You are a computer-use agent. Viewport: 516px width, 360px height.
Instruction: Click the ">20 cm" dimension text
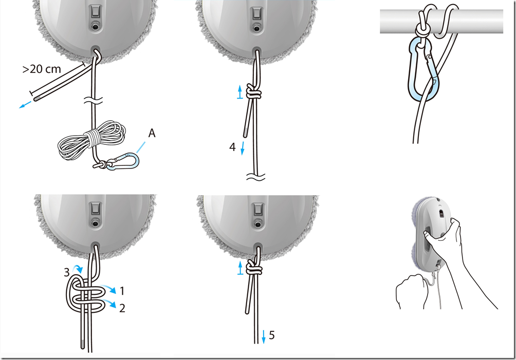click(42, 69)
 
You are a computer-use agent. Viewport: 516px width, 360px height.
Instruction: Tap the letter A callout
click(152, 133)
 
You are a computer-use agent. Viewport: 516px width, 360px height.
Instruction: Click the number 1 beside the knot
click(122, 291)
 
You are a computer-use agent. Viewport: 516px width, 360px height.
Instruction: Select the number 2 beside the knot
click(122, 308)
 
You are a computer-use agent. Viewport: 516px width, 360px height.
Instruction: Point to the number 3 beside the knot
click(66, 272)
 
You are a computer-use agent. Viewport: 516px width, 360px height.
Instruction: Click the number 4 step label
click(232, 147)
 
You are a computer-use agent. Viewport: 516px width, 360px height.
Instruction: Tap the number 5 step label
click(272, 335)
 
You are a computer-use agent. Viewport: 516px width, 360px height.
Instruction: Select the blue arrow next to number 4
click(243, 148)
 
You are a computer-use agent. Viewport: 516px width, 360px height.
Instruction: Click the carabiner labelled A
click(122, 162)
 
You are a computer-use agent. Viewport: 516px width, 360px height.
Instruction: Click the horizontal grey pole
click(441, 22)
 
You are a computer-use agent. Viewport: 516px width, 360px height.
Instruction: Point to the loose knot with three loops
click(86, 294)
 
